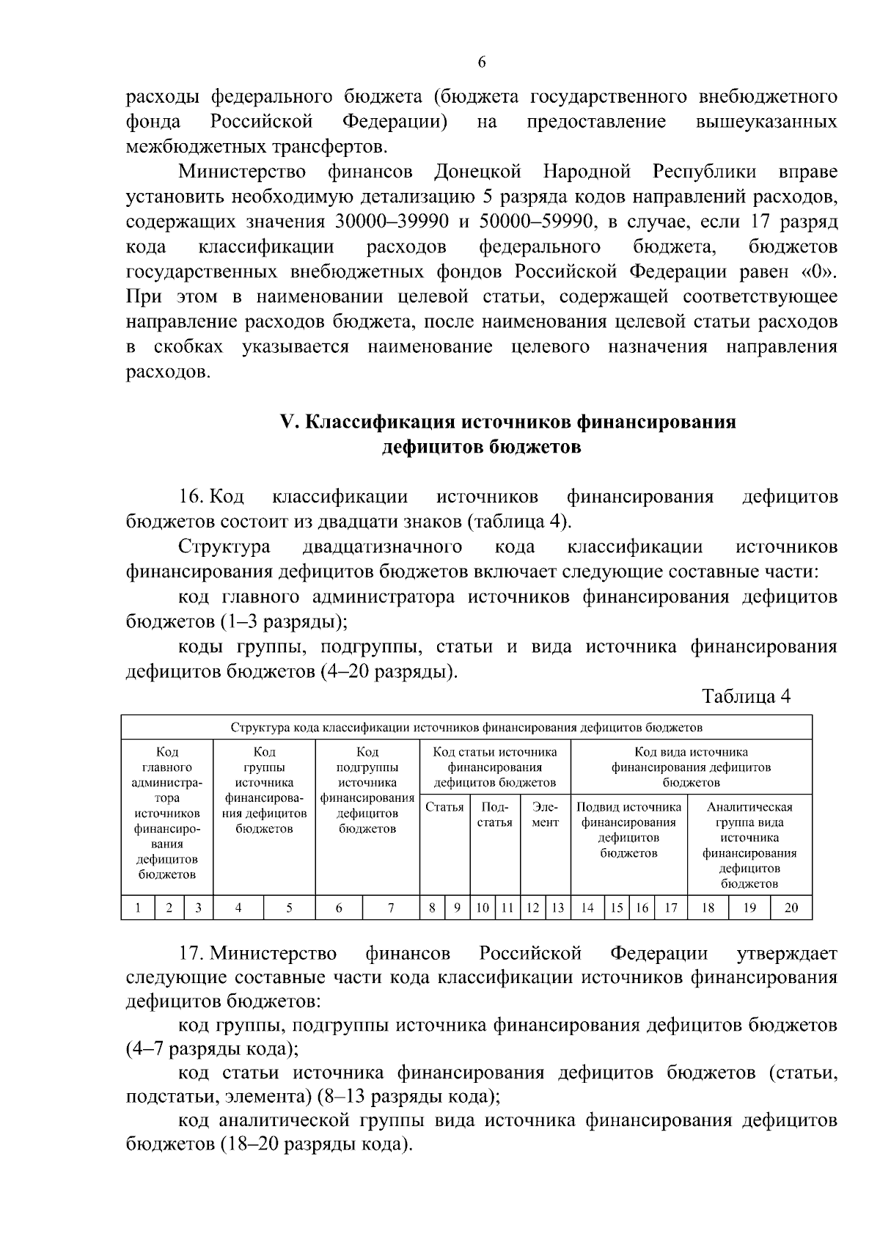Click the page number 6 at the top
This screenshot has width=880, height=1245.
482,62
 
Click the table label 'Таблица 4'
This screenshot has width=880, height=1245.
746,696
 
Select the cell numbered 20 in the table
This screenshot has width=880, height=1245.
791,908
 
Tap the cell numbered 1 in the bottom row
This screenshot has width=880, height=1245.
139,908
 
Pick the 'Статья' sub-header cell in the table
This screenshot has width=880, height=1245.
444,808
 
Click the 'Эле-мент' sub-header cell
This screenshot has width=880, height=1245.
545,815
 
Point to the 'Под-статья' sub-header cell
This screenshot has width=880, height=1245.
494,815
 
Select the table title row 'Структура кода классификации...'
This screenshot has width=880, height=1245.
466,728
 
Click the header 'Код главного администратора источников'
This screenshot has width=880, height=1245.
167,813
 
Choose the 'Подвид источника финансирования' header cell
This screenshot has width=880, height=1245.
628,830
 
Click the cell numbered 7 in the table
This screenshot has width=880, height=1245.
391,908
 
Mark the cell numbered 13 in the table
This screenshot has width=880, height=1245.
558,908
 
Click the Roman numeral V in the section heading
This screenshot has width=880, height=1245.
287,423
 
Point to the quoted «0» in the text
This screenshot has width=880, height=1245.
819,272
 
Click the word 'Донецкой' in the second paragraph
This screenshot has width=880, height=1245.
477,172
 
